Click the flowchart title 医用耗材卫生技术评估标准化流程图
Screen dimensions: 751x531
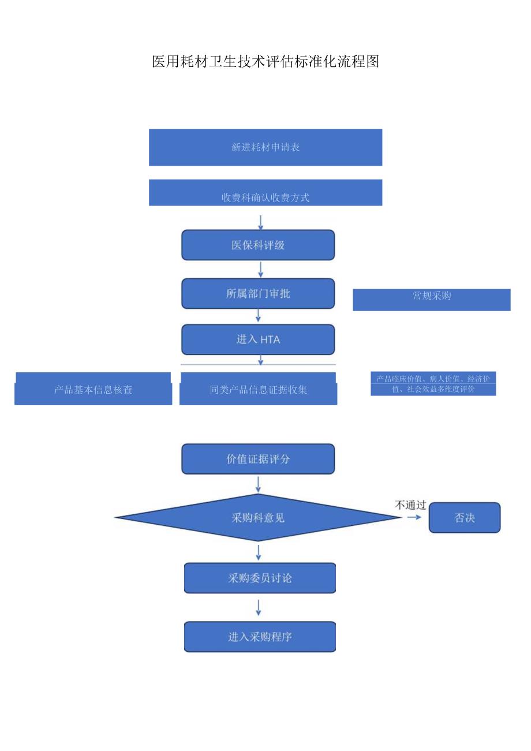pyautogui.click(x=265, y=62)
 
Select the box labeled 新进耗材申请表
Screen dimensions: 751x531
pyautogui.click(x=265, y=147)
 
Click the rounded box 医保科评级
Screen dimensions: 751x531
pyautogui.click(x=258, y=245)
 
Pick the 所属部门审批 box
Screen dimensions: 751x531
pyautogui.click(x=258, y=294)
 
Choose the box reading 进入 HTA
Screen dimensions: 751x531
pyautogui.click(x=258, y=339)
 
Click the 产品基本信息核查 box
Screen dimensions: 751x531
pyautogui.click(x=93, y=389)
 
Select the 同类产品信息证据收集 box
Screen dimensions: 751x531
pyautogui.click(x=258, y=389)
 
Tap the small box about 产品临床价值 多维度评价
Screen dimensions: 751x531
pyautogui.click(x=433, y=384)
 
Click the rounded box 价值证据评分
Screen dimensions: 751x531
pyautogui.click(x=258, y=459)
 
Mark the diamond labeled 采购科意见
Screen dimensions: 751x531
pyautogui.click(x=258, y=518)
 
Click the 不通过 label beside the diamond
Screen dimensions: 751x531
pyautogui.click(x=410, y=505)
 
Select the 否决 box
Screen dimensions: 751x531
pyautogui.click(x=465, y=518)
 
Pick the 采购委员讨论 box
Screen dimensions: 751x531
pyautogui.click(x=260, y=578)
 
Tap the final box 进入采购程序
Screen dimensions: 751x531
pyautogui.click(x=260, y=637)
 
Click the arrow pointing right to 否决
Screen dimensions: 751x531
pyautogui.click(x=414, y=517)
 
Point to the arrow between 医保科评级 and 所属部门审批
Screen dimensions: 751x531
pyautogui.click(x=260, y=269)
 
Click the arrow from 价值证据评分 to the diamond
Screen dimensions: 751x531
pyautogui.click(x=258, y=484)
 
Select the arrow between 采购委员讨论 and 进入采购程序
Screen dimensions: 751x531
pyautogui.click(x=258, y=607)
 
